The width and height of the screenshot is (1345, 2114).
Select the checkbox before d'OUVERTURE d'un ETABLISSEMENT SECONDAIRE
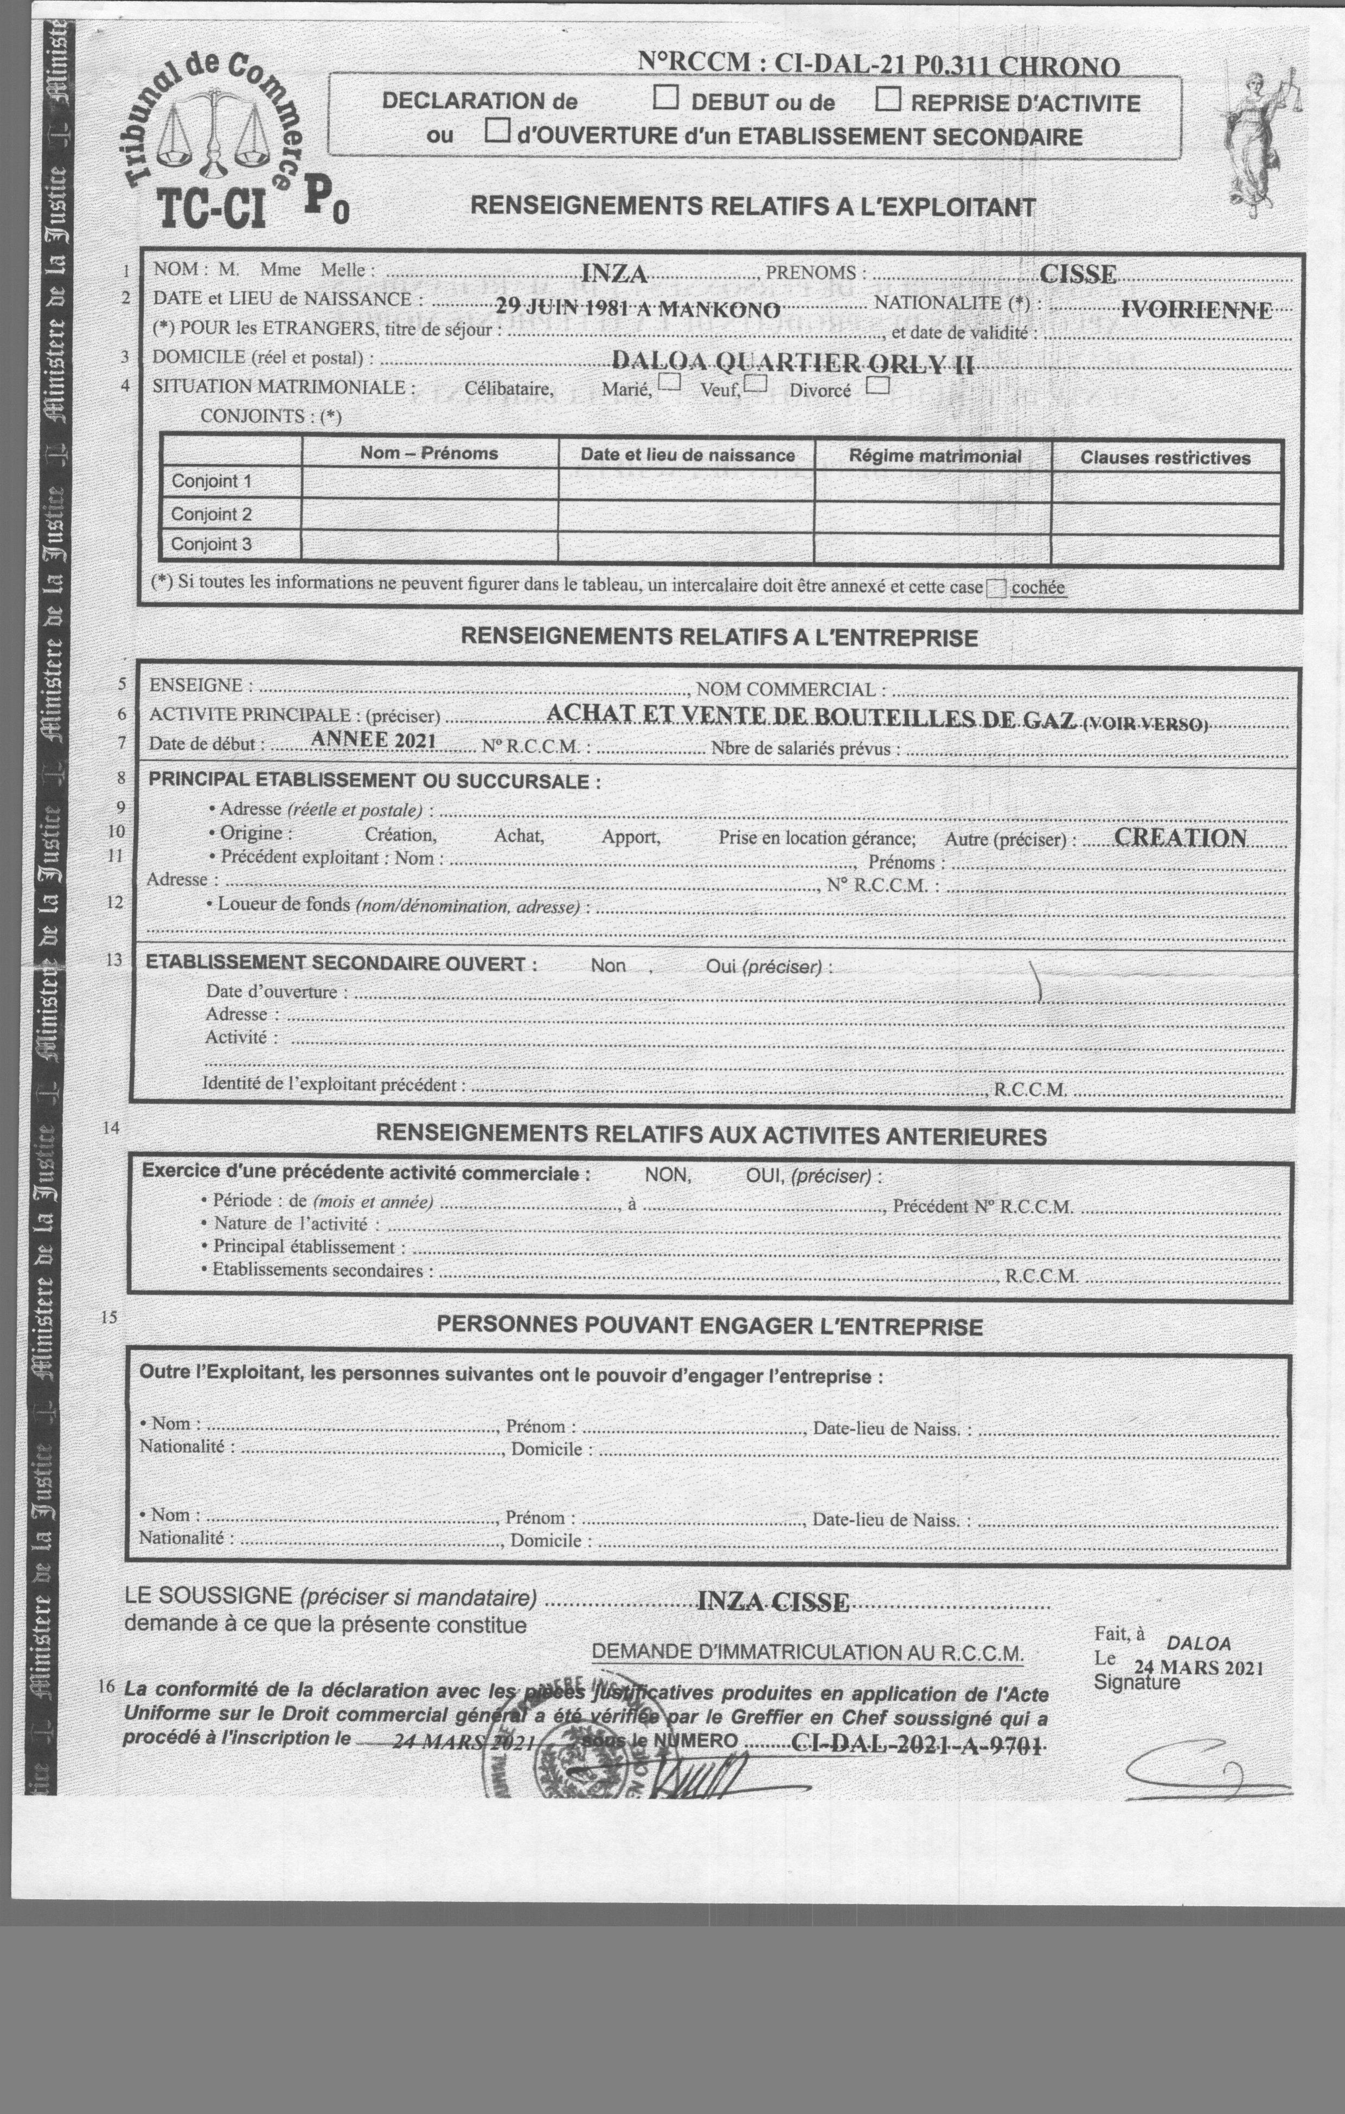498,131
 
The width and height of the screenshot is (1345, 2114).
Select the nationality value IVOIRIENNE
1196,310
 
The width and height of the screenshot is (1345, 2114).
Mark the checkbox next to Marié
670,382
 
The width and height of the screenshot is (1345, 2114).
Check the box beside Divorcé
877,385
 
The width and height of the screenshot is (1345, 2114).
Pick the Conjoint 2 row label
212,514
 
